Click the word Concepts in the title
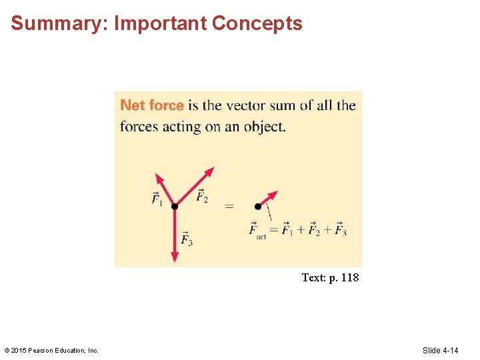[x=257, y=24]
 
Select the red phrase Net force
[x=152, y=105]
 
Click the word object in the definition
[x=264, y=127]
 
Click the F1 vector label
[x=157, y=199]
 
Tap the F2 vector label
[x=201, y=197]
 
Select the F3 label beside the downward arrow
[x=187, y=238]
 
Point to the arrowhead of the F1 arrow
[x=158, y=179]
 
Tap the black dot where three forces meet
[x=175, y=207]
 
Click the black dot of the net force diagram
[x=258, y=207]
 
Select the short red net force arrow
[x=268, y=199]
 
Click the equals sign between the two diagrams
[x=229, y=207]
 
